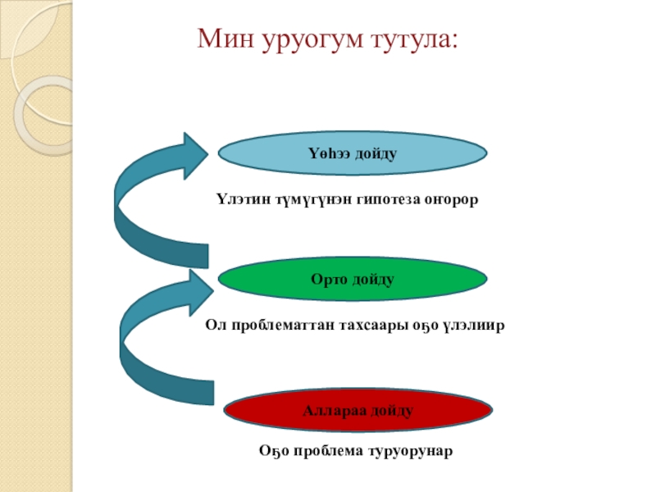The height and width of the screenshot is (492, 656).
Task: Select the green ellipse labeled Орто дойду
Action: coord(353,280)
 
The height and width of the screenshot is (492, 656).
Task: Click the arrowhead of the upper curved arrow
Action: coord(194,155)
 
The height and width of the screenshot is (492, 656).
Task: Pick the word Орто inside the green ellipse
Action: coord(328,280)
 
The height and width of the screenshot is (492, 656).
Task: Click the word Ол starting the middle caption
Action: coord(212,326)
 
